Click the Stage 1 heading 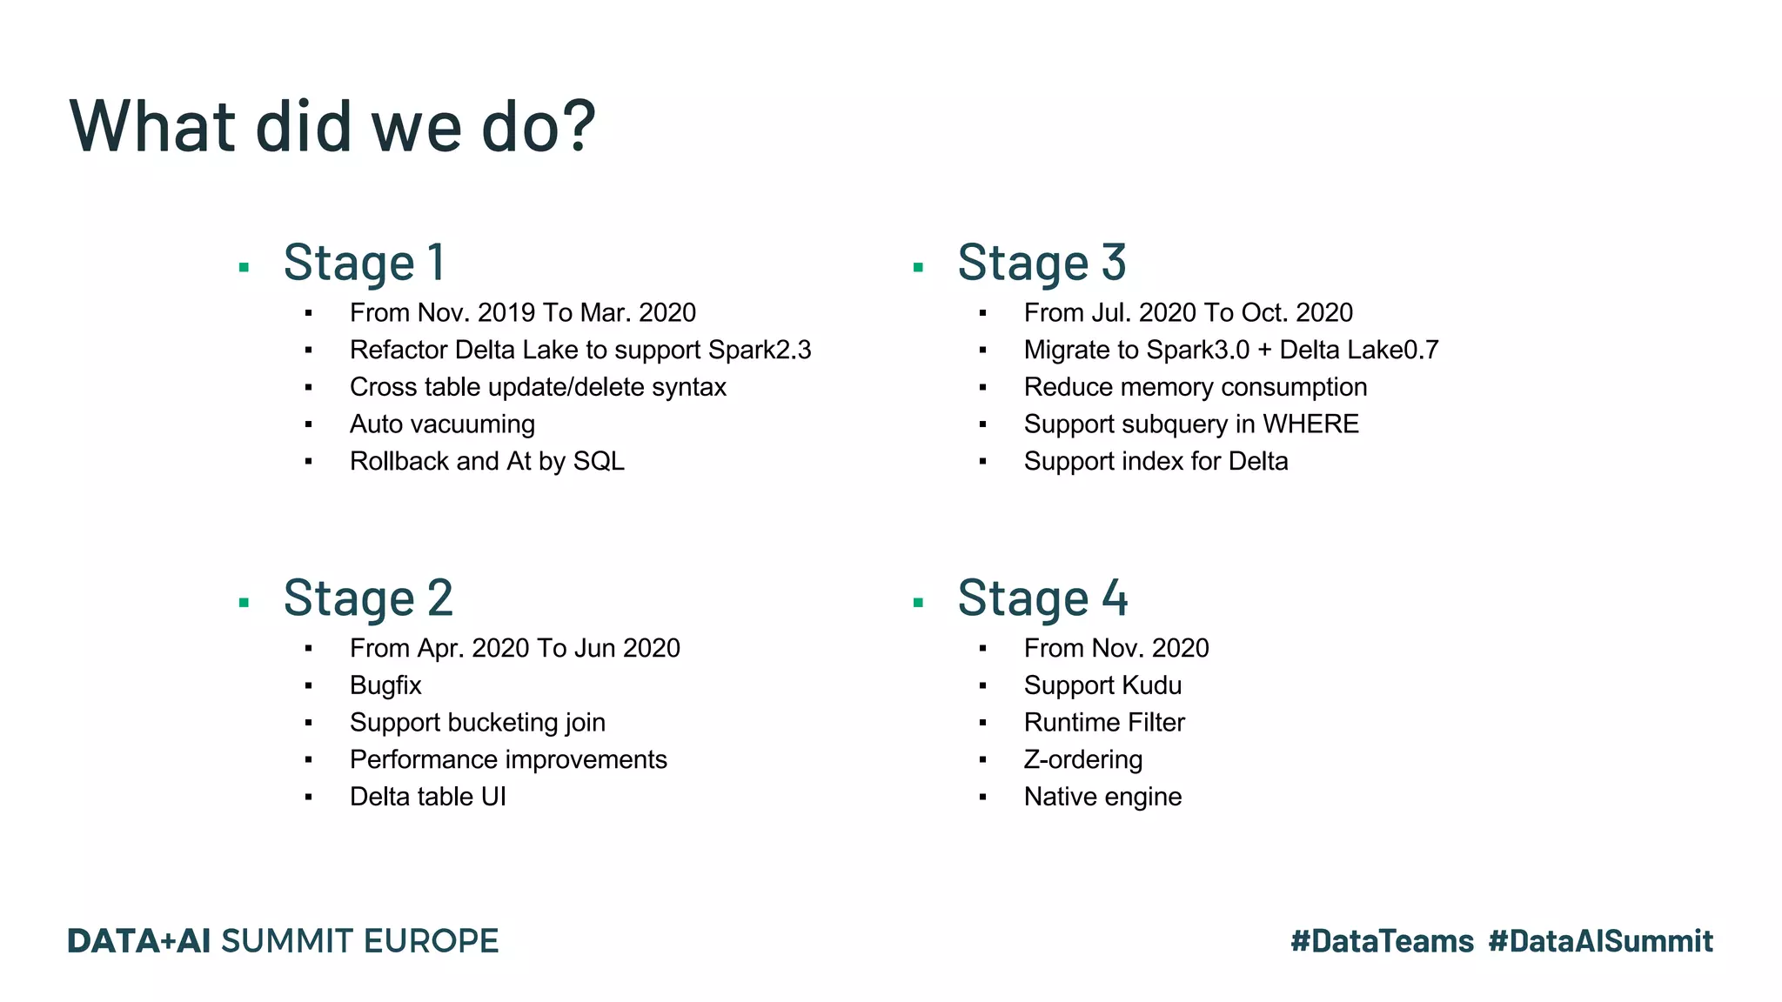pyautogui.click(x=365, y=263)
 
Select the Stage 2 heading pyautogui.click(x=368, y=598)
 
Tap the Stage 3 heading pyautogui.click(x=1042, y=263)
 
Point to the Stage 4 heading pyautogui.click(x=1042, y=598)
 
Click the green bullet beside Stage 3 pyautogui.click(x=918, y=268)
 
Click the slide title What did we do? pyautogui.click(x=332, y=126)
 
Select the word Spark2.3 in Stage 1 pyautogui.click(x=759, y=350)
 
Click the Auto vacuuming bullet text pyautogui.click(x=442, y=424)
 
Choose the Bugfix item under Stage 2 pyautogui.click(x=385, y=685)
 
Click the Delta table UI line pyautogui.click(x=427, y=797)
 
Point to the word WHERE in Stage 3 pyautogui.click(x=1310, y=424)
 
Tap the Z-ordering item pyautogui.click(x=1083, y=760)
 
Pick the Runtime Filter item pyautogui.click(x=1104, y=723)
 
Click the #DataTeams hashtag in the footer pyautogui.click(x=1382, y=941)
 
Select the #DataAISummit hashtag pyautogui.click(x=1600, y=941)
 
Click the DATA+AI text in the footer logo pyautogui.click(x=139, y=941)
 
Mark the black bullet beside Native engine pyautogui.click(x=983, y=797)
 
